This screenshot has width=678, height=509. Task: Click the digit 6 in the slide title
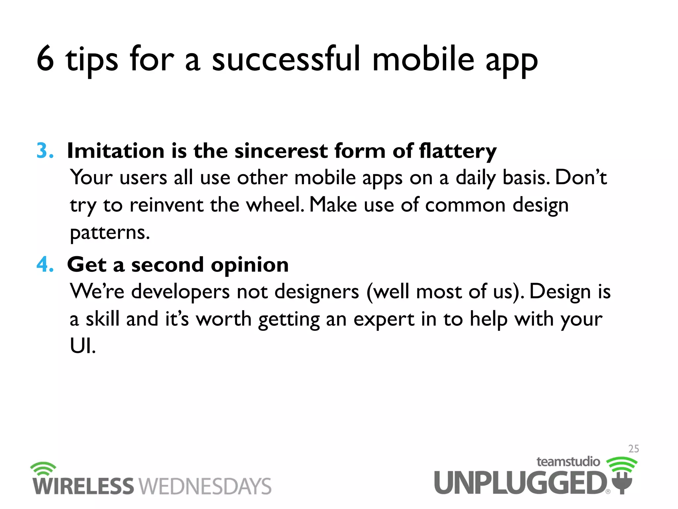click(x=45, y=59)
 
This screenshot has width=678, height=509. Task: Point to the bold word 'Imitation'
click(x=116, y=151)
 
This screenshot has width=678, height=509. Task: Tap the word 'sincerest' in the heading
click(x=281, y=151)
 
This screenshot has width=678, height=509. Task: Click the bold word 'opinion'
click(x=250, y=265)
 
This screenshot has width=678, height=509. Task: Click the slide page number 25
click(x=633, y=449)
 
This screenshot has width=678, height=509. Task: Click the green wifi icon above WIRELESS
click(x=43, y=469)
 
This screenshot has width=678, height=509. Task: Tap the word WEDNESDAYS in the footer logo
click(x=205, y=486)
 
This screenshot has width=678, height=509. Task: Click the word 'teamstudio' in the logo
click(x=568, y=462)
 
